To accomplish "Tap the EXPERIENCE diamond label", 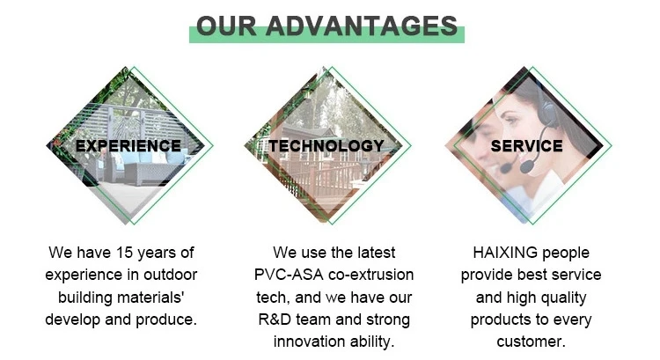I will (128, 146).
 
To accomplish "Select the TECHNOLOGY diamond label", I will (326, 146).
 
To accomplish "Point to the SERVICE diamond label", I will (526, 146).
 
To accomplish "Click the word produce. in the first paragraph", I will (166, 319).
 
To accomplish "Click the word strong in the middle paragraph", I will (387, 319).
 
